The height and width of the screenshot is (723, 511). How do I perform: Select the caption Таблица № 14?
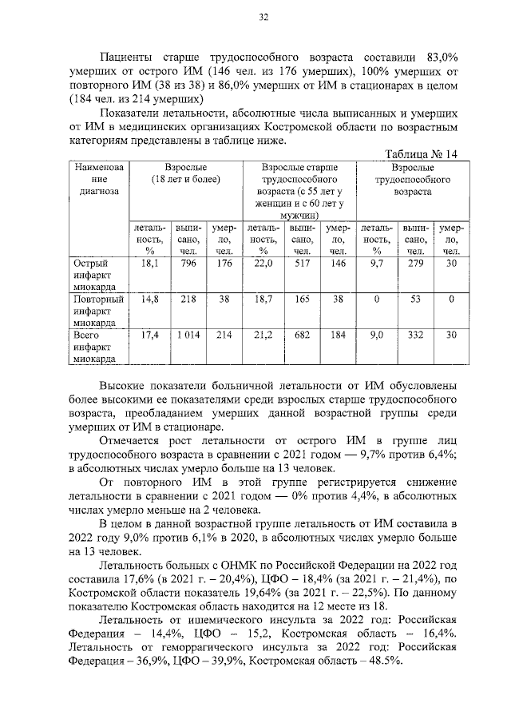point(419,155)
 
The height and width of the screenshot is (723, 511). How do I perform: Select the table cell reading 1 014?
point(188,336)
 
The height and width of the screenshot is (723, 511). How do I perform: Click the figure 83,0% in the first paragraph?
point(438,57)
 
